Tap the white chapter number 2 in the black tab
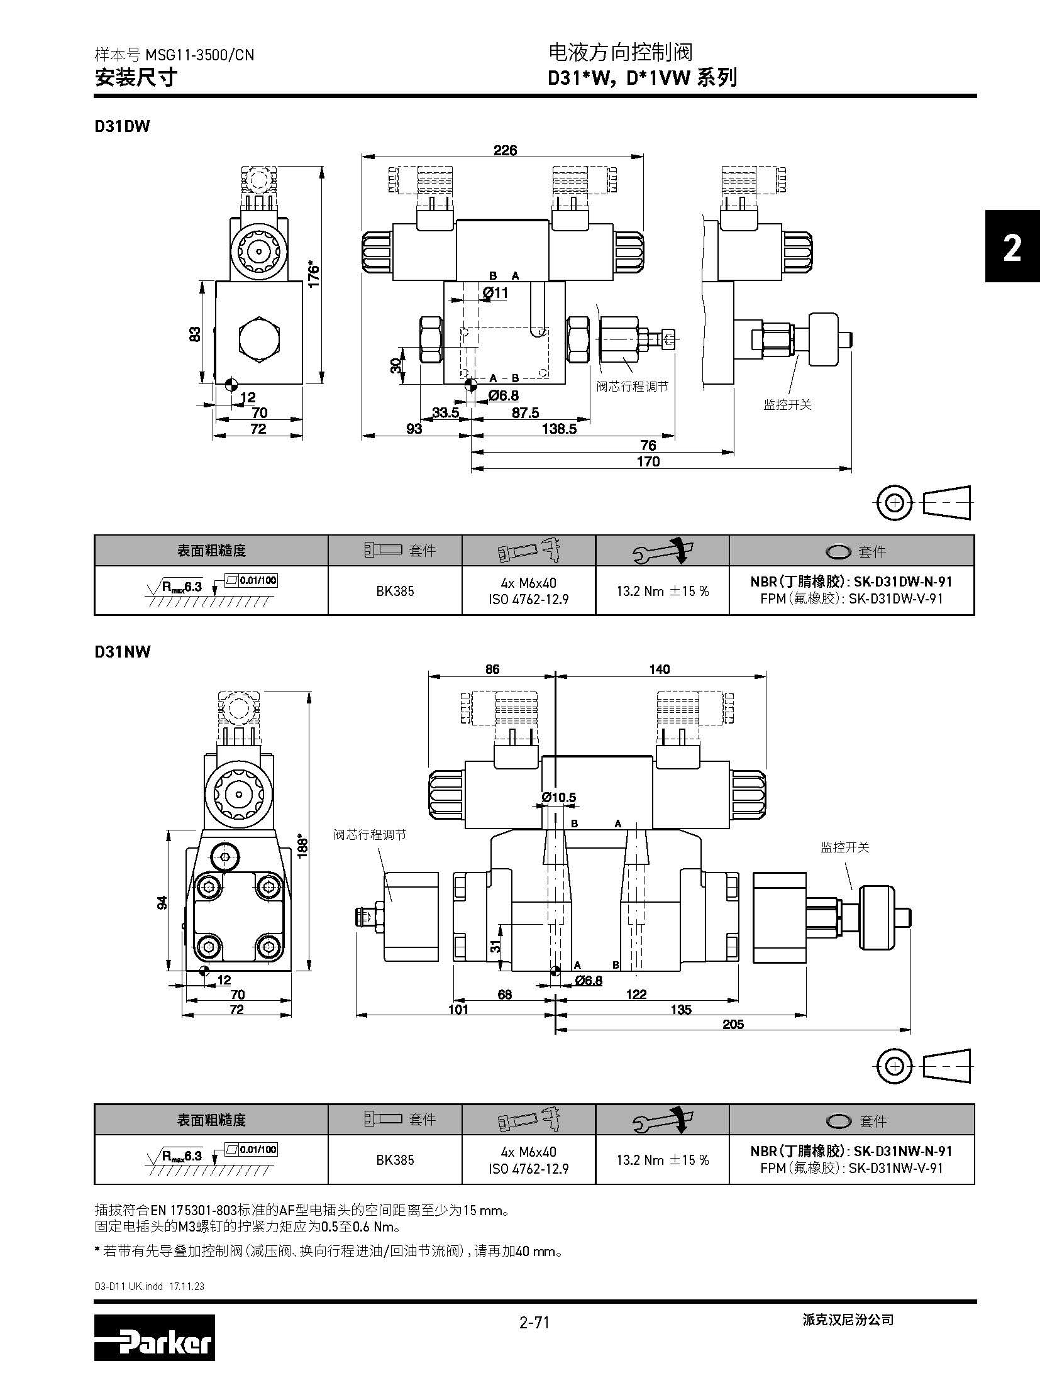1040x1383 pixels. pos(1012,248)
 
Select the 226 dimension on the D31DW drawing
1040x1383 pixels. pos(505,150)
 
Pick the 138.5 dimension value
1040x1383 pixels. pos(558,429)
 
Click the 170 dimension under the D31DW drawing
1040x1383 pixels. pos(648,461)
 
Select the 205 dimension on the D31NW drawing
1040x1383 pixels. pos(733,1024)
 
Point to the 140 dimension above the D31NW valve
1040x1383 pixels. pos(659,669)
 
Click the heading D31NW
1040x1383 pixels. pos(123,651)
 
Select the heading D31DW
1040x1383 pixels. pos(123,126)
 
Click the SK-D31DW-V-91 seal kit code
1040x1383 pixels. pos(896,598)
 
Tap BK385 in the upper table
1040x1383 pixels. pos(395,591)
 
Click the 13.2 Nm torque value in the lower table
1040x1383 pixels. pos(662,1160)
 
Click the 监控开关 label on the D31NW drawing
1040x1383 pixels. pos(844,847)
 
